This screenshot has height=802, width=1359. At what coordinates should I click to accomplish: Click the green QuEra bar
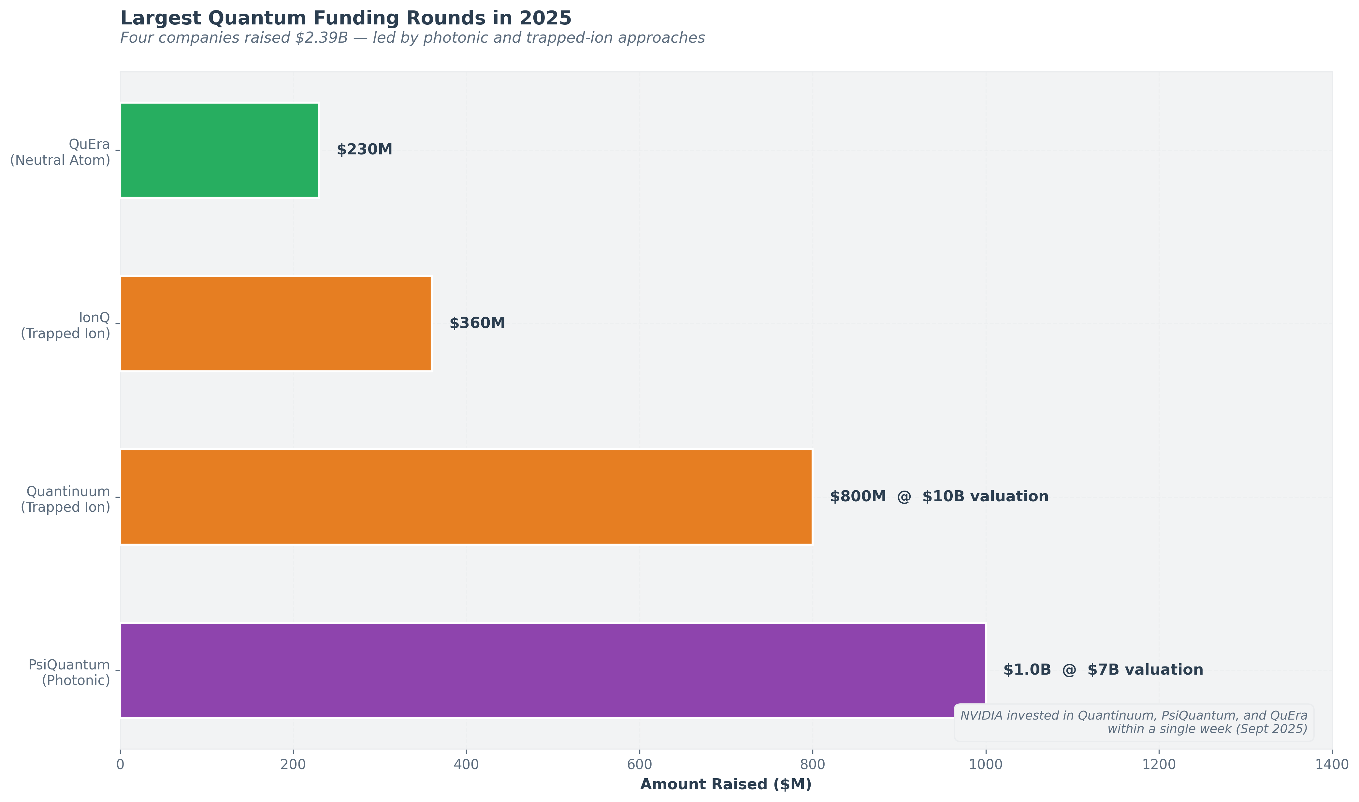[220, 150]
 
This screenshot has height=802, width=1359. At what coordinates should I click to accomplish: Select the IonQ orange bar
[276, 324]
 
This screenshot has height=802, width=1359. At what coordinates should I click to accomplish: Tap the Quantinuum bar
[466, 497]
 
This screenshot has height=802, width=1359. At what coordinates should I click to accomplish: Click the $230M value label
[364, 150]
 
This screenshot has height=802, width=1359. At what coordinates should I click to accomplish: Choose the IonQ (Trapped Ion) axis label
[65, 326]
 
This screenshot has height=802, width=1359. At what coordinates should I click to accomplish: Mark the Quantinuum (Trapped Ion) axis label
[65, 499]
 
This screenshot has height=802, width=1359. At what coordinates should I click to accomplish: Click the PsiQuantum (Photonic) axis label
[69, 673]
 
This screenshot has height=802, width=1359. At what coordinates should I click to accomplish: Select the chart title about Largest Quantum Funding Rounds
[345, 18]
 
